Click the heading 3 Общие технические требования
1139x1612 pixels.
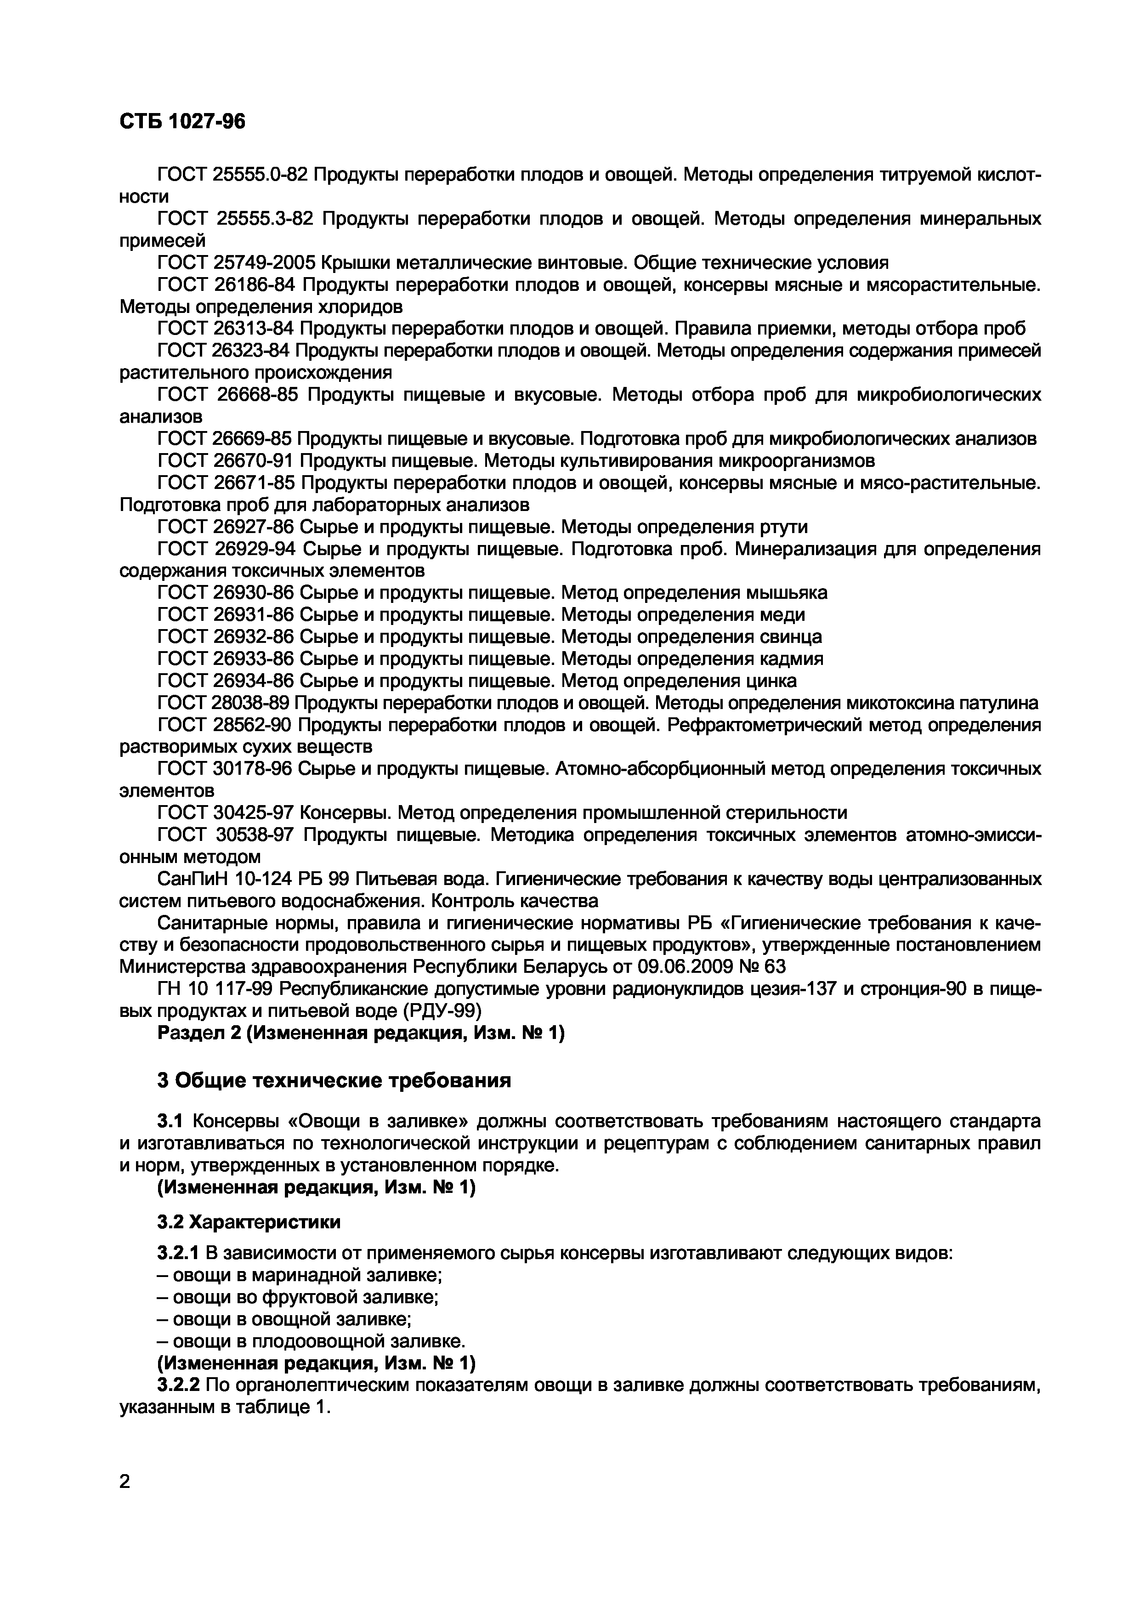pyautogui.click(x=334, y=1080)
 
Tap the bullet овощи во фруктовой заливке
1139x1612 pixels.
pyautogui.click(x=298, y=1297)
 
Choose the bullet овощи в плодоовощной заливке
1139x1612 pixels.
pyautogui.click(x=312, y=1341)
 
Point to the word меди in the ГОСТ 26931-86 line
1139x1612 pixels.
pyautogui.click(x=782, y=614)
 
